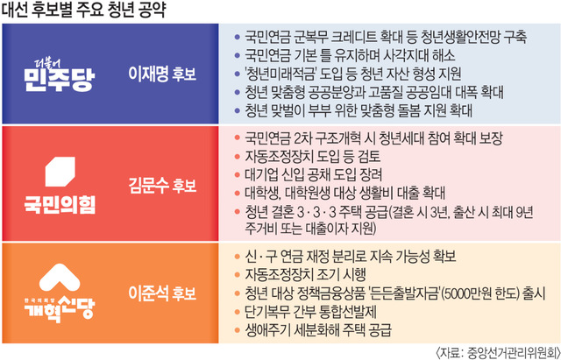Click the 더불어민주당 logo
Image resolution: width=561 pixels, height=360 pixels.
(x=60, y=74)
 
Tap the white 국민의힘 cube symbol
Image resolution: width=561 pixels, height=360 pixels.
(x=60, y=172)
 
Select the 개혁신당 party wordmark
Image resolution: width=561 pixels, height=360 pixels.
(x=60, y=308)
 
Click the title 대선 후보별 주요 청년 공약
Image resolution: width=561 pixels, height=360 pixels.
(x=84, y=11)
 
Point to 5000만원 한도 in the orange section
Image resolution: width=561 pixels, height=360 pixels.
(x=481, y=293)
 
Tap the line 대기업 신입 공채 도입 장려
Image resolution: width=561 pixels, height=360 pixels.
(x=314, y=175)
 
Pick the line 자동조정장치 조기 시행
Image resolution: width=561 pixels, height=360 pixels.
(x=305, y=274)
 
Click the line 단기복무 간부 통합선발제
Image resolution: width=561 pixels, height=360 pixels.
(x=310, y=312)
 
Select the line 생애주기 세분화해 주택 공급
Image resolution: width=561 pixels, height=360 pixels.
(x=317, y=330)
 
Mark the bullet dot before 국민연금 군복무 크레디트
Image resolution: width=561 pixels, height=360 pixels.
(x=236, y=37)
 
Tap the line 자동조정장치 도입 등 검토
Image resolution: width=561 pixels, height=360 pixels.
(x=312, y=156)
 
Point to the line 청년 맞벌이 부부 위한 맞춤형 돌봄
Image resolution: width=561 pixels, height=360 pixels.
(x=359, y=111)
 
